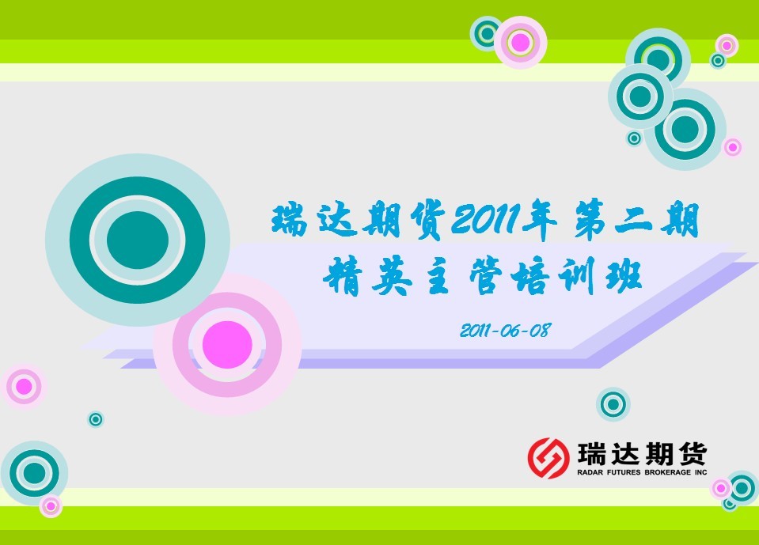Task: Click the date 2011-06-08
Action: pyautogui.click(x=506, y=331)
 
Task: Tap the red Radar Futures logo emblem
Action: pyautogui.click(x=548, y=458)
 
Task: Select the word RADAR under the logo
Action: pyautogui.click(x=590, y=472)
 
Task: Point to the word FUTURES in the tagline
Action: pyautogui.click(x=624, y=472)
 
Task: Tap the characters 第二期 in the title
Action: pyautogui.click(x=636, y=221)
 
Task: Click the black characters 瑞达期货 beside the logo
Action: pyautogui.click(x=643, y=454)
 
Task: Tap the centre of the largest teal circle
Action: pyautogui.click(x=138, y=240)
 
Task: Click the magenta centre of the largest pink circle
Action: pyautogui.click(x=227, y=345)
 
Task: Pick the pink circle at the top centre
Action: pyautogui.click(x=520, y=43)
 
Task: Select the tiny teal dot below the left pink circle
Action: pyautogui.click(x=95, y=419)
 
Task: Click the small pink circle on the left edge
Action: pyautogui.click(x=24, y=386)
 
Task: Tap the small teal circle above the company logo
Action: pyautogui.click(x=613, y=403)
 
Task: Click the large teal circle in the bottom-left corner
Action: pyautogui.click(x=34, y=473)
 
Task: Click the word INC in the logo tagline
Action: pyautogui.click(x=700, y=472)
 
